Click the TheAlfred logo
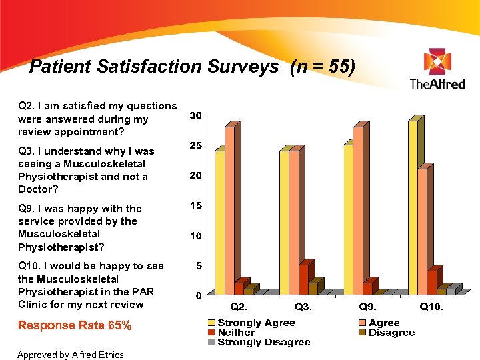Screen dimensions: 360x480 point(437,69)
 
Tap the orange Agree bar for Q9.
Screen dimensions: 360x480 point(358,210)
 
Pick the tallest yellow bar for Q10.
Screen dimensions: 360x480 point(413,207)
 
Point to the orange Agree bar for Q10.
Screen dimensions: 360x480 point(422,231)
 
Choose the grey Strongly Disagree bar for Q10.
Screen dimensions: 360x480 point(451,291)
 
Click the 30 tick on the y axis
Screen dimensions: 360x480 point(195,115)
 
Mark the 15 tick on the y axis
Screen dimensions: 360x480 point(195,205)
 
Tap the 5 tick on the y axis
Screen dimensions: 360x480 point(198,265)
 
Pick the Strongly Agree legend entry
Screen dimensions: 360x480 point(256,323)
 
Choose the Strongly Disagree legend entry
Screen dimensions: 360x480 point(263,342)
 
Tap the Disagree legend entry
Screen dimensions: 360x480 point(391,333)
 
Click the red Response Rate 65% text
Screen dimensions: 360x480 point(75,325)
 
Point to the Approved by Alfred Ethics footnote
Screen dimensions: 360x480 point(71,355)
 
